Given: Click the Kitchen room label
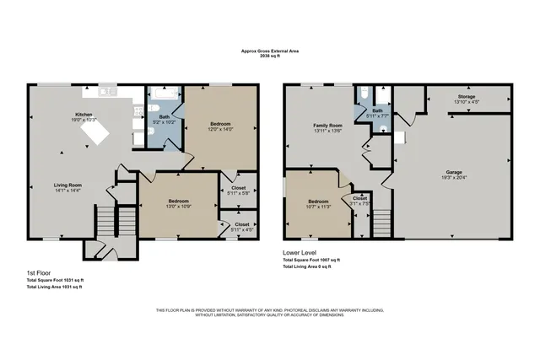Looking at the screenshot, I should click(x=84, y=115).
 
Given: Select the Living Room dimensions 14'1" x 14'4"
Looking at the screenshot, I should click(x=68, y=191).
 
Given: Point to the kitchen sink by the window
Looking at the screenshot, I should click(x=108, y=90).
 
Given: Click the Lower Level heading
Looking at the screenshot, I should click(x=301, y=252).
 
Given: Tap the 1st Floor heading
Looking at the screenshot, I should click(x=42, y=273).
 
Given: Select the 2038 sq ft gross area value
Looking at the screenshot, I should click(x=269, y=56).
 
